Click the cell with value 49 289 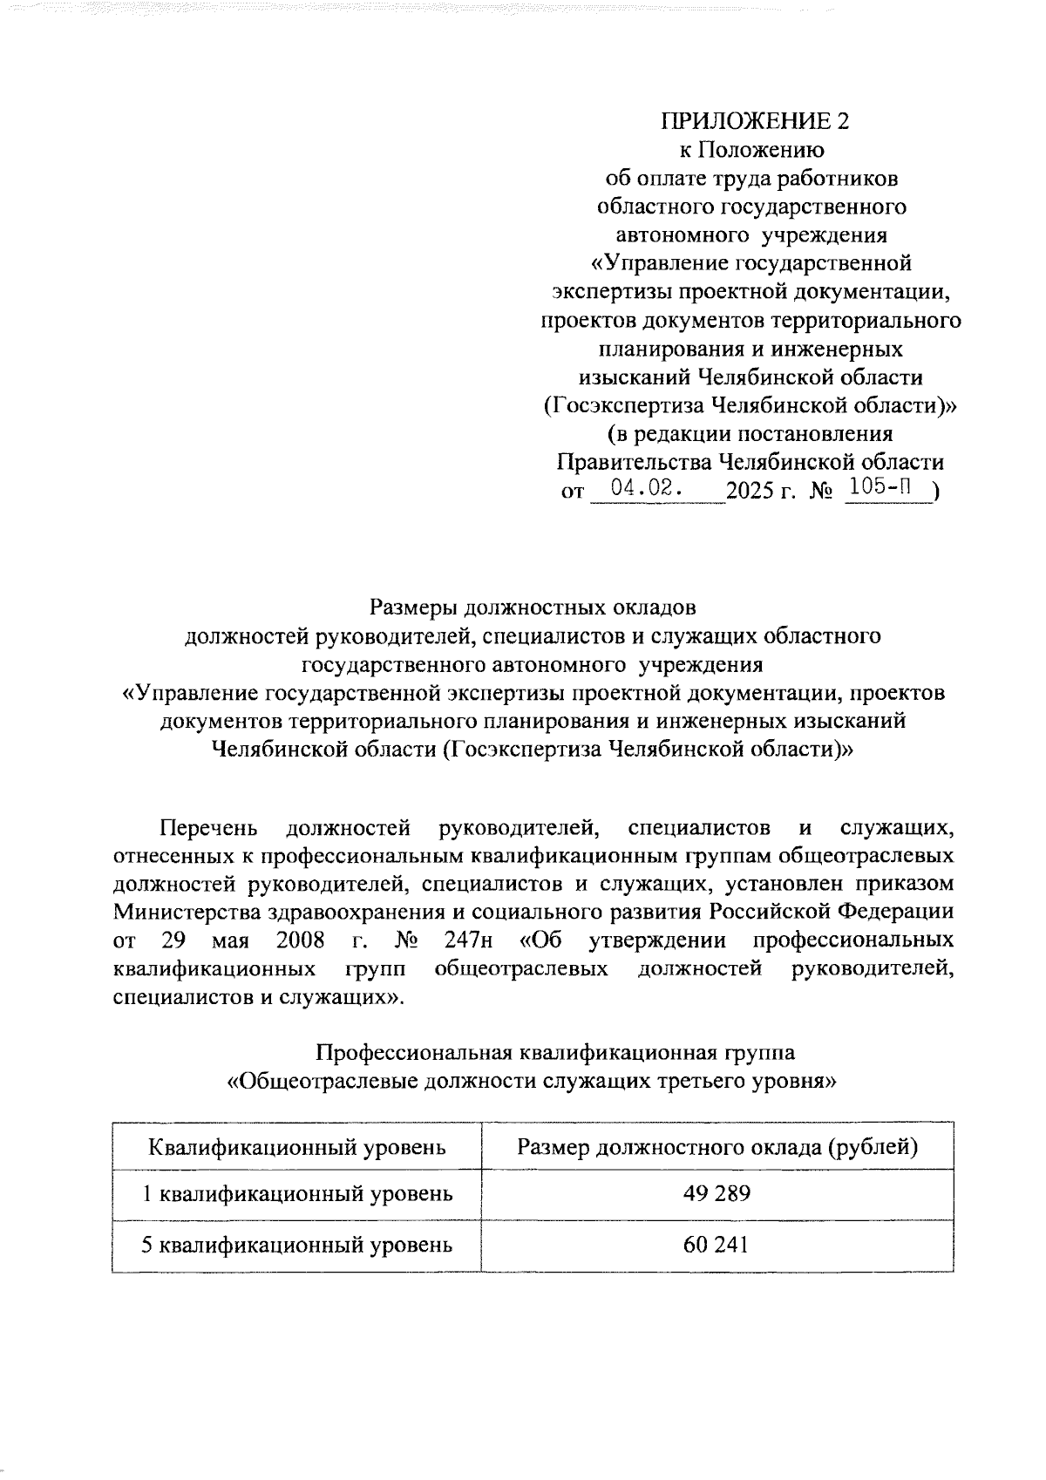(717, 1193)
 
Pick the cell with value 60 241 (717, 1245)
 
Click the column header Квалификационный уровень (297, 1146)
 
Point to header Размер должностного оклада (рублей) (717, 1146)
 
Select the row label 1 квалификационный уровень (297, 1193)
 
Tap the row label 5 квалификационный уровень (297, 1245)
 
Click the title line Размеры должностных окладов (533, 607)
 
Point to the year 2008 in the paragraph (300, 940)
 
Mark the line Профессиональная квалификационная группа (554, 1052)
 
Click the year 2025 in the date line (750, 492)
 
